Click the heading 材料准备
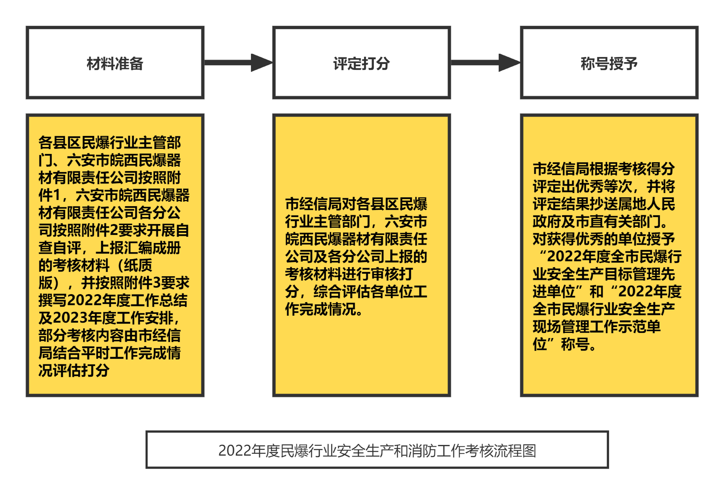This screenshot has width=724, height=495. (115, 64)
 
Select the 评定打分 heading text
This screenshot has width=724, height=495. (361, 64)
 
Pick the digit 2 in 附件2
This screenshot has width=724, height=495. (114, 231)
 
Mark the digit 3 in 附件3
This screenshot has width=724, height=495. (157, 283)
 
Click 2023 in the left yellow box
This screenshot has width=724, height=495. (70, 318)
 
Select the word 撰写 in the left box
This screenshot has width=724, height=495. (53, 301)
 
